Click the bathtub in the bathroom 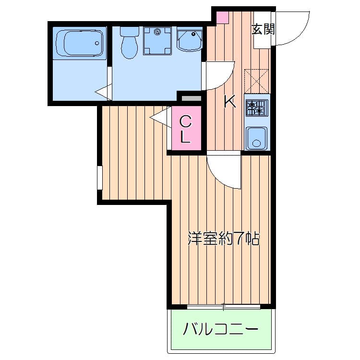tap(80, 43)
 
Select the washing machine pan tap(157, 41)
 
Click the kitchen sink tap(257, 138)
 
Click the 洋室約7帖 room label tap(223, 238)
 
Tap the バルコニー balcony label tap(221, 330)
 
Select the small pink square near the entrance tap(222, 17)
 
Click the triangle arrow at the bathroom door tap(103, 91)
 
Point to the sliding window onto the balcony tap(223, 306)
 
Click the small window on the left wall tap(99, 178)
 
